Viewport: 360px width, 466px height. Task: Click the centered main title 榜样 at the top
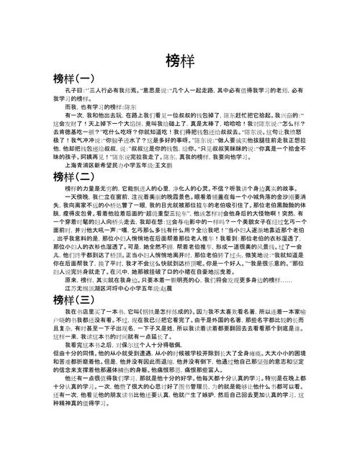click(x=180, y=61)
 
